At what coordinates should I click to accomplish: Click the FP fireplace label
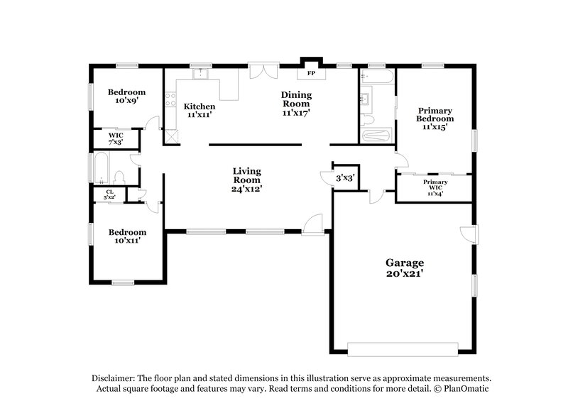[x=311, y=73]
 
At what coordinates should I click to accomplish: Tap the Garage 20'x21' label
[x=405, y=268]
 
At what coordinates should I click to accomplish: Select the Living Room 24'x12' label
[x=247, y=180]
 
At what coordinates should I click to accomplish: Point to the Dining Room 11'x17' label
[x=296, y=104]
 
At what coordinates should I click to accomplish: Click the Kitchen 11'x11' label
[x=200, y=110]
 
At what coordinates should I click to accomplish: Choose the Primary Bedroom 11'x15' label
[x=435, y=119]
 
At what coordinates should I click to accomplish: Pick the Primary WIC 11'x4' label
[x=435, y=187]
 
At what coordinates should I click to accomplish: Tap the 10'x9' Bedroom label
[x=126, y=97]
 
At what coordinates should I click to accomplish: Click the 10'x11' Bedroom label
[x=127, y=236]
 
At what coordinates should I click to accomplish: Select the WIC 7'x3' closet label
[x=115, y=138]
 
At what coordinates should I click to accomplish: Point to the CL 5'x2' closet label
[x=110, y=194]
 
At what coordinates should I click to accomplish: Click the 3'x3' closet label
[x=346, y=179]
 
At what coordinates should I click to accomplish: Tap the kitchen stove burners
[x=170, y=100]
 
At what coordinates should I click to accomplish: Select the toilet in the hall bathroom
[x=119, y=177]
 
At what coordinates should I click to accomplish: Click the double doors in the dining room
[x=263, y=72]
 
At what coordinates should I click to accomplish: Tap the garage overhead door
[x=402, y=348]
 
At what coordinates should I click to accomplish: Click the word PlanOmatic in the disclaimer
[x=465, y=389]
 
